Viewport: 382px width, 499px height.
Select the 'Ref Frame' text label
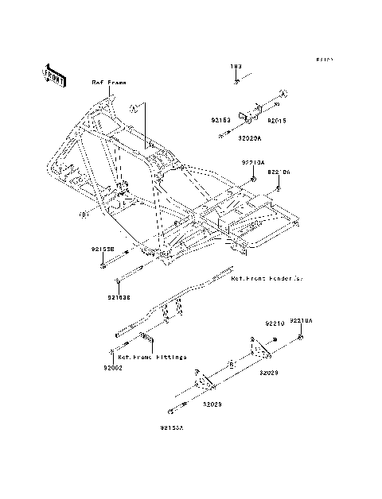(x=108, y=83)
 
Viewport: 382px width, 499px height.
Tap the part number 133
(x=236, y=68)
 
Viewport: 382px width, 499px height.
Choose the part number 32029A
(x=248, y=137)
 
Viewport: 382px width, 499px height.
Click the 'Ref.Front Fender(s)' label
(x=267, y=280)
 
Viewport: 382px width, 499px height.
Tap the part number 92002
(x=112, y=369)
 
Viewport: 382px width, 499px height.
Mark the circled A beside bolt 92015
(x=282, y=95)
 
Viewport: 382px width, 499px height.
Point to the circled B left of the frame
(x=83, y=215)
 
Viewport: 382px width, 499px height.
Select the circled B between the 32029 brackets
(x=230, y=364)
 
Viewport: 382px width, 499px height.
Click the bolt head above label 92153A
(x=170, y=412)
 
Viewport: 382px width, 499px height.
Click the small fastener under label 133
(x=236, y=81)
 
